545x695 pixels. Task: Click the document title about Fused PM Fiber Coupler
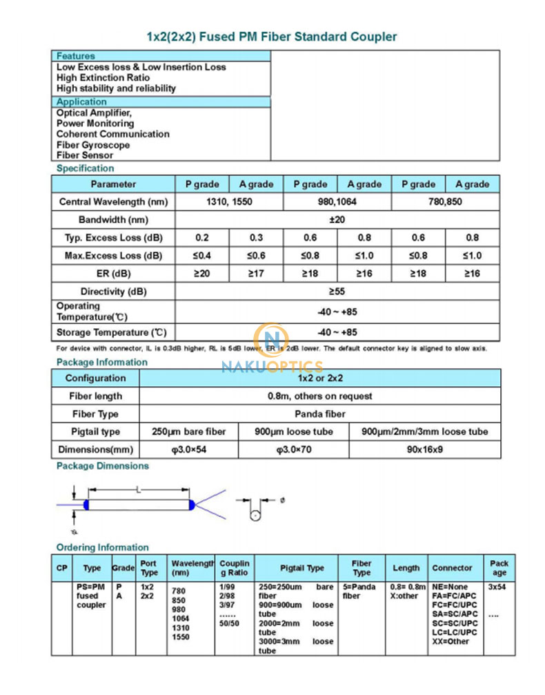point(272,37)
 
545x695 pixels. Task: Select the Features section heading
point(76,56)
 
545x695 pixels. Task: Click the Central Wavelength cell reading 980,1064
point(337,202)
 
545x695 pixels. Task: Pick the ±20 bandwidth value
point(337,220)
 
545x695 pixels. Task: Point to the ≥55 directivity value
point(337,292)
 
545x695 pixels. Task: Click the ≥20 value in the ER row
point(202,274)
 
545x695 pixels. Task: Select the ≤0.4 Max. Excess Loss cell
point(202,256)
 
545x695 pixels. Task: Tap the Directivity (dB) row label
point(113,292)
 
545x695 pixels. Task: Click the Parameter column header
point(113,184)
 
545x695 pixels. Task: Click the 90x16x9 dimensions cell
point(424,450)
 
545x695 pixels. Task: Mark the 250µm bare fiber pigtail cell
point(188,432)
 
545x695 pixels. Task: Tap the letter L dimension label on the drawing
point(139,490)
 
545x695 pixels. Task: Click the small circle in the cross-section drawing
point(255,515)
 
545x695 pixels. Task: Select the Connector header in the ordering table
point(453,568)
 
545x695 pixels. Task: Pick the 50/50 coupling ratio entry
point(230,623)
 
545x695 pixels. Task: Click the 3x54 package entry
point(497,587)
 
